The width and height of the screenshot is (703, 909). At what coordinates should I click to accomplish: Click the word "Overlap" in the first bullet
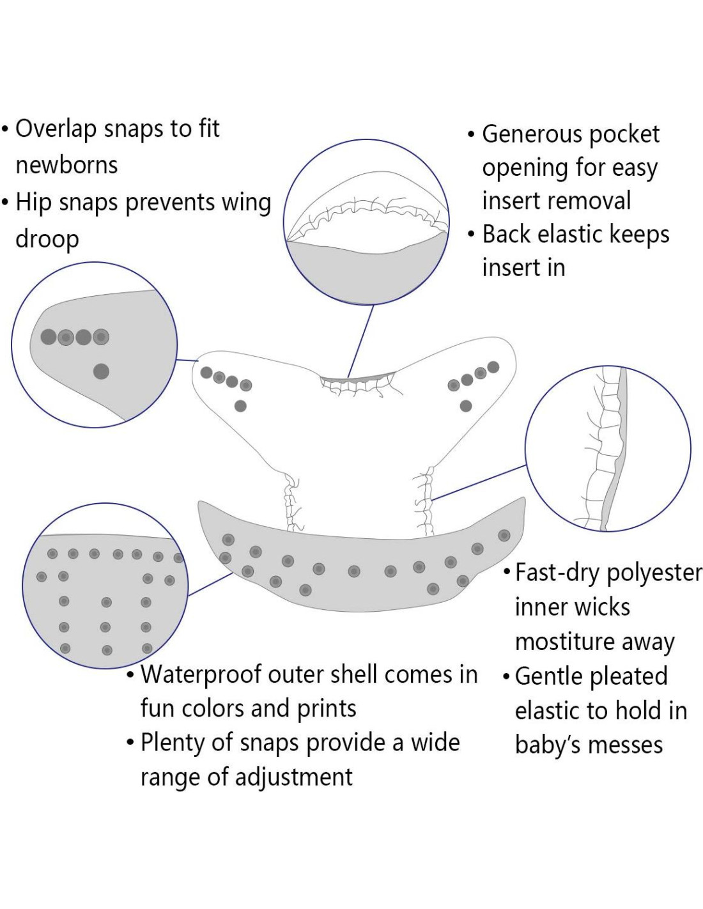pos(56,130)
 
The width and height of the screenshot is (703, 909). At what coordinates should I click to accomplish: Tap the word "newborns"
pos(66,166)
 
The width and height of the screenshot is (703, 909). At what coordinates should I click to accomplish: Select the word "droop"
pos(47,240)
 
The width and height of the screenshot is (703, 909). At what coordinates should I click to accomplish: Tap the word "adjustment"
pos(293,778)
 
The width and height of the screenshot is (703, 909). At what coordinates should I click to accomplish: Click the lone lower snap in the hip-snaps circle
pos(101,371)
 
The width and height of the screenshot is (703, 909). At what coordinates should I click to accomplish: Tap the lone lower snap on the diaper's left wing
pos(240,406)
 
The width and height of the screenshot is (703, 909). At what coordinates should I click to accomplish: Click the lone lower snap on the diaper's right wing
pos(466,406)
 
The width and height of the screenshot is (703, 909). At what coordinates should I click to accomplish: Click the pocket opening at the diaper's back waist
pos(358,381)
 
